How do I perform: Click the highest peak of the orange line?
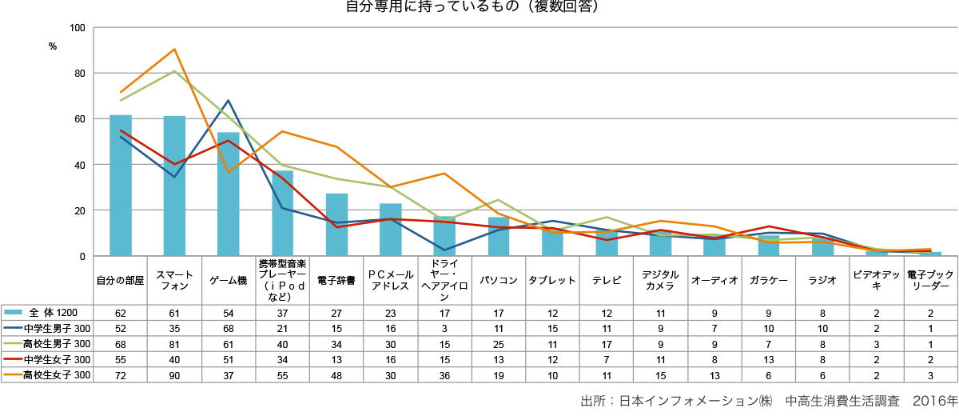pos(175,49)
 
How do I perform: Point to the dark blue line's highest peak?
pos(229,100)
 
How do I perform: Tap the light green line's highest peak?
pos(175,70)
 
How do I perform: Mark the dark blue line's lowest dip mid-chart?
pos(445,250)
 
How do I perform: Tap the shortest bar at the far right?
pos(925,253)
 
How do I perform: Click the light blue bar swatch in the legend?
pos(13,311)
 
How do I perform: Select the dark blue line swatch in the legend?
pos(13,327)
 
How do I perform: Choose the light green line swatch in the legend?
pos(13,342)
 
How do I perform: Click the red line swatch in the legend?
pos(13,358)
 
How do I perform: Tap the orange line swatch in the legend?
pos(13,374)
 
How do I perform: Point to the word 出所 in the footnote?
pos(592,401)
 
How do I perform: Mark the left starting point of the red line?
pos(121,130)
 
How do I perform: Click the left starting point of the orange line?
pos(121,92)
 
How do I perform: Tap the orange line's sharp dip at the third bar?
pos(229,172)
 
